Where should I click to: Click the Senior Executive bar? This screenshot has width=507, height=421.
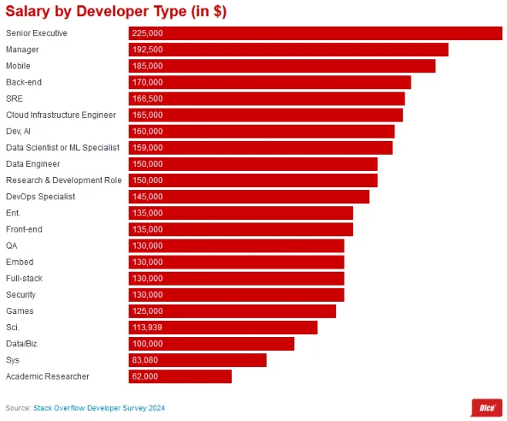click(x=315, y=33)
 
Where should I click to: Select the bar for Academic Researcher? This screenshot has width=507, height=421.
click(x=180, y=376)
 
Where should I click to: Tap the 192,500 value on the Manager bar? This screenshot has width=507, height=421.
click(x=148, y=49)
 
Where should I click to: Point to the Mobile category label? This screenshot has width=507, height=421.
click(x=18, y=66)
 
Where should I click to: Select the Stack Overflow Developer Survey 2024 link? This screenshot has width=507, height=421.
click(x=99, y=408)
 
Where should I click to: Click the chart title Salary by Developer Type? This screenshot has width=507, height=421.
click(x=116, y=12)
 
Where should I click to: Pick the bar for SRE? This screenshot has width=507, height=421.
click(x=266, y=99)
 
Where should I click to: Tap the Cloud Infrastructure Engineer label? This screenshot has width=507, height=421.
click(x=61, y=115)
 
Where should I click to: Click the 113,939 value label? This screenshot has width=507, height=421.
click(x=147, y=327)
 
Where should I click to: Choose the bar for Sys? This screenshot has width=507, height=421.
click(x=197, y=360)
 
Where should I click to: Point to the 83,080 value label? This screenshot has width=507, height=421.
click(x=146, y=360)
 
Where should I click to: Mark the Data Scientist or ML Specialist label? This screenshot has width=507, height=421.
click(x=62, y=148)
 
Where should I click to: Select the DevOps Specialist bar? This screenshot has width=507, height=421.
click(x=249, y=196)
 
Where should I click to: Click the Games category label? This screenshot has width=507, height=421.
click(x=19, y=311)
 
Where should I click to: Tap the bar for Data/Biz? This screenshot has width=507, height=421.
click(x=211, y=343)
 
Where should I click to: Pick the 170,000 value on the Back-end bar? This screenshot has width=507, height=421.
click(x=148, y=82)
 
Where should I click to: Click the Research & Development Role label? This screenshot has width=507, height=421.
click(x=63, y=180)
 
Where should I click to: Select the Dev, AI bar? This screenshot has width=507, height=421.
click(x=261, y=131)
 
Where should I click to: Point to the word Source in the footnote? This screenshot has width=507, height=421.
click(x=17, y=408)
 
